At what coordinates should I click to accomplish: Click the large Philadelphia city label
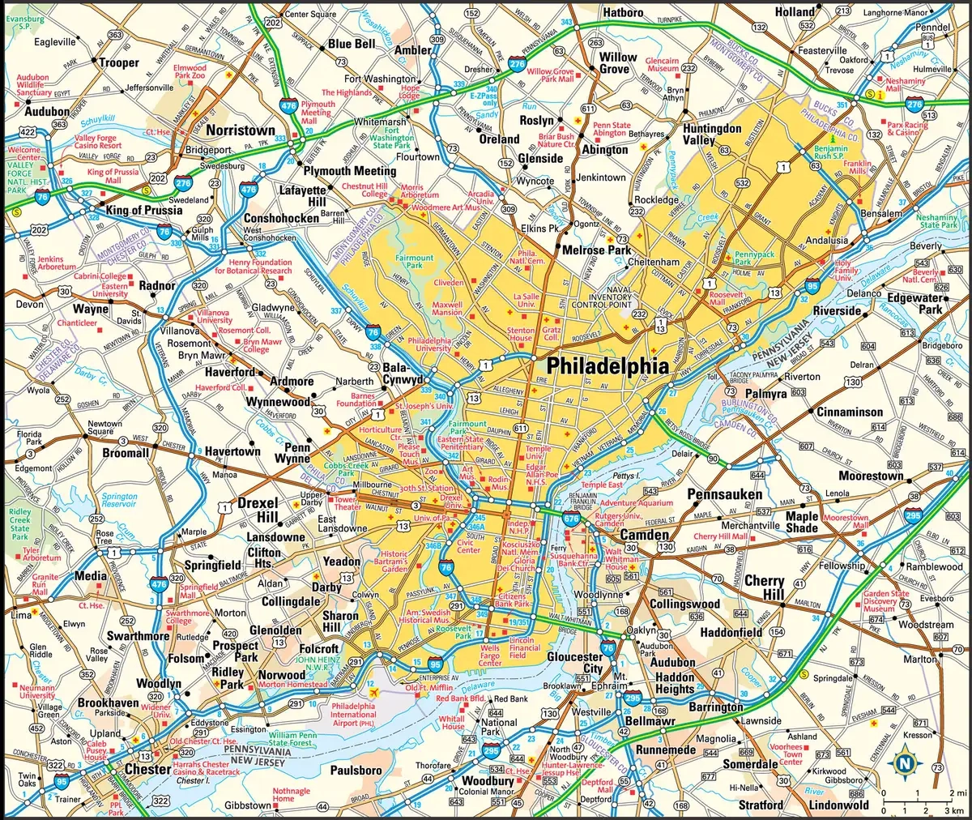(607, 365)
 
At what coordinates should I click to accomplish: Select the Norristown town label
(241, 130)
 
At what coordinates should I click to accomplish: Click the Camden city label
(645, 535)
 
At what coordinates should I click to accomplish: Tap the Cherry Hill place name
(764, 587)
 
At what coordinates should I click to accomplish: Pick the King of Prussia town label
(145, 210)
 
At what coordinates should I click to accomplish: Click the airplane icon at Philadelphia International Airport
(373, 693)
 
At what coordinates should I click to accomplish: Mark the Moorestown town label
(871, 476)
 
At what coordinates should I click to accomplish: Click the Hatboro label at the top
(622, 13)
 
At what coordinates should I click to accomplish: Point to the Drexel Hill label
(258, 510)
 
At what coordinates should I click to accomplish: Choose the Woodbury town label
(488, 781)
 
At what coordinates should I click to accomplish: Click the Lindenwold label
(838, 805)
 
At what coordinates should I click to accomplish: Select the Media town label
(90, 576)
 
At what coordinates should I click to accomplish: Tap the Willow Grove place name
(617, 63)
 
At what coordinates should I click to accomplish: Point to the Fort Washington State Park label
(393, 138)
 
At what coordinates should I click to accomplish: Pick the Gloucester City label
(575, 663)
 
